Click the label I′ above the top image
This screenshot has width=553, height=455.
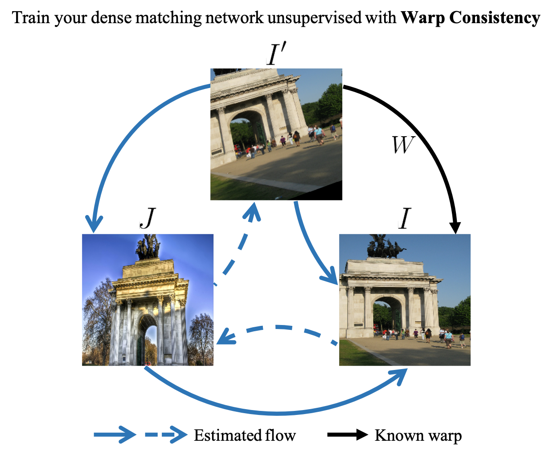point(275,55)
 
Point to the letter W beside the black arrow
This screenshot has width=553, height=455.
point(402,145)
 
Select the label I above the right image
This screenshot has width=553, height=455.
point(404,219)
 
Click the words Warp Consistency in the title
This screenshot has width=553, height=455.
point(470,18)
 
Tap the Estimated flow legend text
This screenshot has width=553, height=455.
point(245,435)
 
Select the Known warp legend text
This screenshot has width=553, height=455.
point(418,435)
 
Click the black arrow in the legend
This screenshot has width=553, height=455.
point(348,435)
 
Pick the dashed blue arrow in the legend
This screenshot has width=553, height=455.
point(166,435)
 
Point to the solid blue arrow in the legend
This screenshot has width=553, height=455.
point(115,435)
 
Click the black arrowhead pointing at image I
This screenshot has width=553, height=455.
point(455,227)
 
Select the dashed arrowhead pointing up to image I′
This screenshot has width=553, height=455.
point(253,212)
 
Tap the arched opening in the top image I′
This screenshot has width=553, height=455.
point(247,129)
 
